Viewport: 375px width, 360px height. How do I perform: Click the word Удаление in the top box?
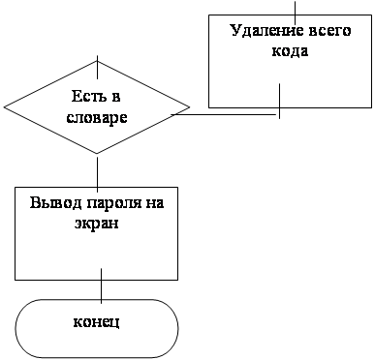(x=266, y=31)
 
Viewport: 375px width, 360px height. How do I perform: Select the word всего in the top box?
(x=329, y=32)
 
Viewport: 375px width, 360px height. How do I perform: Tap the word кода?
(x=290, y=52)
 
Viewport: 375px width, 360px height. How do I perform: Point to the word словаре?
(x=97, y=118)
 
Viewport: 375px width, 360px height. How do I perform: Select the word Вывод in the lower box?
(x=55, y=203)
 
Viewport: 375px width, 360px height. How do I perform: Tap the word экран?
(x=97, y=225)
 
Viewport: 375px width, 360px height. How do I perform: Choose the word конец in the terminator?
(x=97, y=322)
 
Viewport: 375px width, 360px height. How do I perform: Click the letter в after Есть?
(x=116, y=97)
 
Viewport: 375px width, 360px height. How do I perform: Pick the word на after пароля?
(x=156, y=204)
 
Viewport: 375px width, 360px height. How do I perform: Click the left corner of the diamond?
(x=4, y=106)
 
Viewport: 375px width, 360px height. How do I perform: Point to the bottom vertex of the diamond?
(x=97, y=154)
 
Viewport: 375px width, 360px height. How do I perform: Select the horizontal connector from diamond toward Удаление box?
(x=225, y=114)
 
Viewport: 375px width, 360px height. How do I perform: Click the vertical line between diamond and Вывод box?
(x=97, y=172)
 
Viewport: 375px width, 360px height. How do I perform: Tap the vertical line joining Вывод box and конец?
(x=102, y=285)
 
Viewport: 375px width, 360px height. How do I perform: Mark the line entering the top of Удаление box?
(x=295, y=12)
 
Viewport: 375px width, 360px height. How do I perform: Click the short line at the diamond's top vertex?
(x=97, y=67)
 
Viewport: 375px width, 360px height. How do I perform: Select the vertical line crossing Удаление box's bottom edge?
(x=279, y=101)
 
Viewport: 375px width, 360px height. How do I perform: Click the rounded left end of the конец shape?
(x=16, y=329)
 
